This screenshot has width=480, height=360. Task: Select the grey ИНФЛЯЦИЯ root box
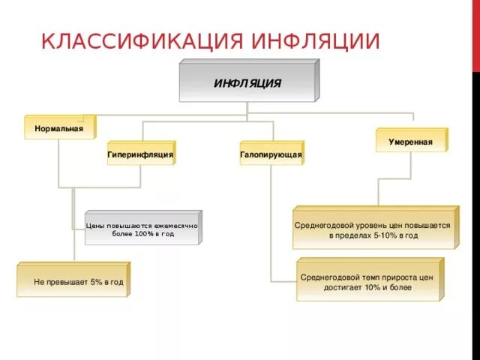click(x=247, y=83)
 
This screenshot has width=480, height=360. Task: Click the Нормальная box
click(x=58, y=128)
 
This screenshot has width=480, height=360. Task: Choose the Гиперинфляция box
click(x=140, y=154)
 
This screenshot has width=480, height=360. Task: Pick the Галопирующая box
click(x=271, y=154)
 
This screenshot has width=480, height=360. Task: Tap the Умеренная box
click(x=410, y=142)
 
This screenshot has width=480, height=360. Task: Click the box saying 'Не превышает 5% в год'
click(x=73, y=281)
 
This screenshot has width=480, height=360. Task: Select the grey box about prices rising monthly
click(x=142, y=229)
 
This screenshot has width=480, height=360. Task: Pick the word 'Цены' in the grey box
click(x=95, y=224)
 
